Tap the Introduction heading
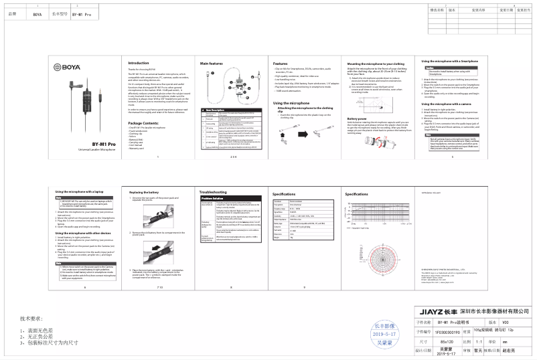[x=139, y=63]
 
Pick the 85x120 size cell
[x=439, y=341]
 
